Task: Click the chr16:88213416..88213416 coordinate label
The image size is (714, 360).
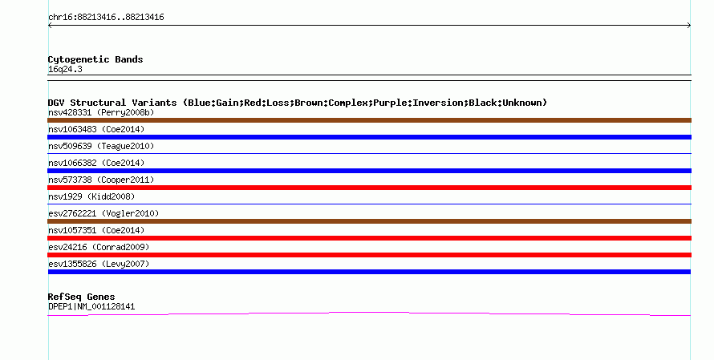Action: click(x=106, y=18)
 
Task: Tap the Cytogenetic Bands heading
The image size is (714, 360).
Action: click(x=95, y=59)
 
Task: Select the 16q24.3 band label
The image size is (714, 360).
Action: click(x=65, y=69)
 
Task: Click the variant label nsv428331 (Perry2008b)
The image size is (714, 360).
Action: click(x=101, y=112)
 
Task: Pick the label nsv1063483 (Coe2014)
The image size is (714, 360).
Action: click(x=96, y=129)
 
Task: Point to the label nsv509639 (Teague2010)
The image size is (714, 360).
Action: click(x=101, y=146)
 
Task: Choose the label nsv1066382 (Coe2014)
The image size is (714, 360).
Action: click(x=96, y=163)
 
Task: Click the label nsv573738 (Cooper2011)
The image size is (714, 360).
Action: click(x=101, y=180)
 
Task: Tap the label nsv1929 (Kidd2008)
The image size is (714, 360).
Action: click(x=91, y=196)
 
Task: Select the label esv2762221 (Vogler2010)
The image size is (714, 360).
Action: click(x=103, y=213)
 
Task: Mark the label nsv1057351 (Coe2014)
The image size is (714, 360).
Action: click(x=96, y=230)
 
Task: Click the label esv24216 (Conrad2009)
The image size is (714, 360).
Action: click(x=99, y=247)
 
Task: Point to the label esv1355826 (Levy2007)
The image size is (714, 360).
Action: click(x=99, y=264)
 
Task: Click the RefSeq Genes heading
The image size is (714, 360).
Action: click(x=81, y=297)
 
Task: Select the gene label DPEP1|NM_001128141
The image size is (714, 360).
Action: click(x=91, y=307)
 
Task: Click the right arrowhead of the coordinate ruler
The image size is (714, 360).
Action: click(x=689, y=26)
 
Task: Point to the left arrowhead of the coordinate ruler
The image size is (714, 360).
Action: click(x=50, y=26)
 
